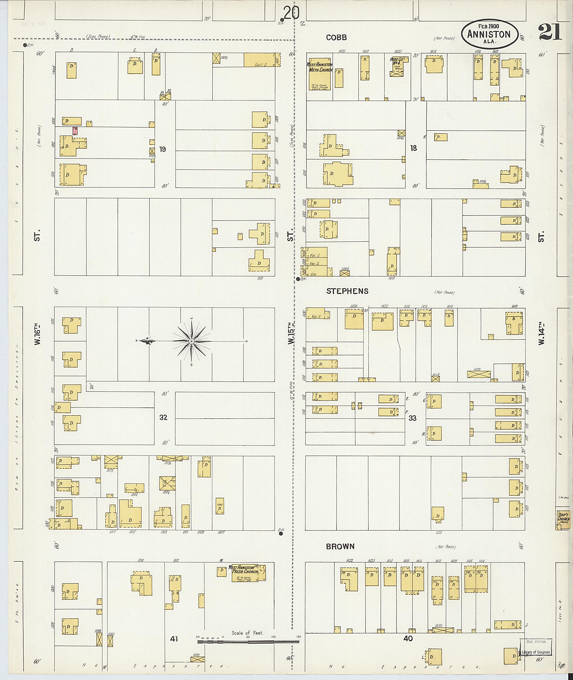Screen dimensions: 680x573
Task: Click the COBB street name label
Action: click(336, 38)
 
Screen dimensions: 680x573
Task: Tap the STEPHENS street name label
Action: click(347, 291)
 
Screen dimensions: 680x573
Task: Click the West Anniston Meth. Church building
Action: click(320, 74)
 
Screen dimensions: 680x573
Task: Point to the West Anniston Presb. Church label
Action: click(243, 569)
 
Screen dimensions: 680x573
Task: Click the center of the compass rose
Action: click(192, 341)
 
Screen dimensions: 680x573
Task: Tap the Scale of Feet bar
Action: click(248, 642)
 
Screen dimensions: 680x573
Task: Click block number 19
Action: click(162, 149)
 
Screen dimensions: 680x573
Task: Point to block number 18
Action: click(413, 148)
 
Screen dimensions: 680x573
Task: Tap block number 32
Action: click(163, 417)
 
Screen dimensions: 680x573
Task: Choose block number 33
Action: click(412, 418)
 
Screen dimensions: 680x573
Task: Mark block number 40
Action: click(408, 638)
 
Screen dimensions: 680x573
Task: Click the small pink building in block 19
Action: click(75, 131)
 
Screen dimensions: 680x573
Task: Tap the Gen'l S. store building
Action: click(260, 60)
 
